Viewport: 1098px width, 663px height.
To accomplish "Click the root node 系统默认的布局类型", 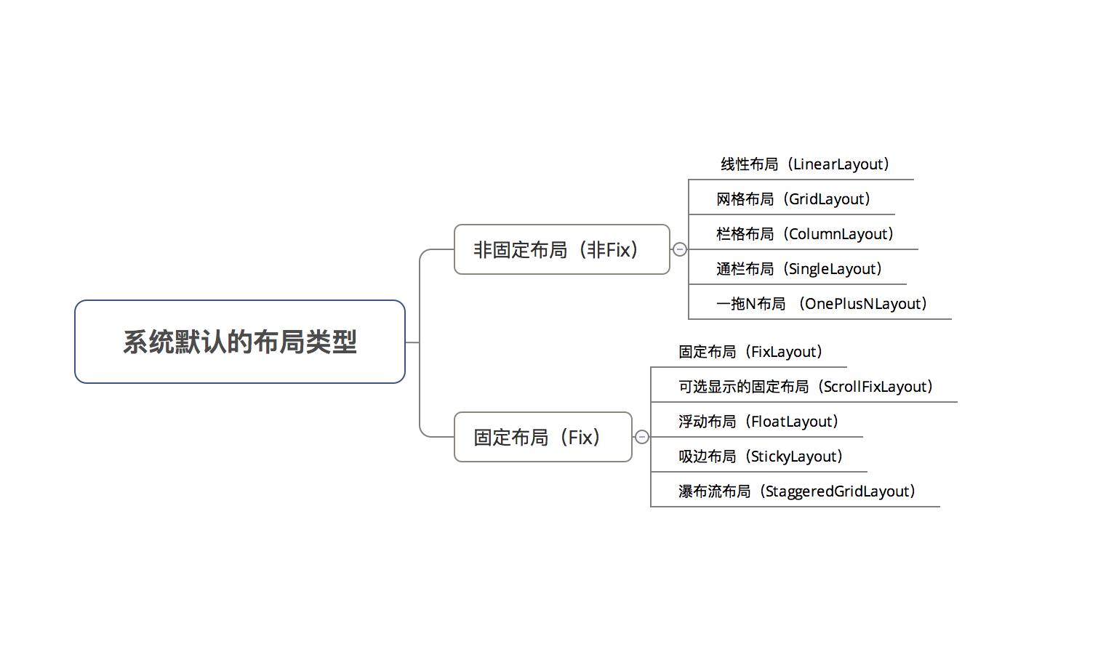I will tap(240, 342).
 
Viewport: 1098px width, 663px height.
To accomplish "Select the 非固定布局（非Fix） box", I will tap(561, 249).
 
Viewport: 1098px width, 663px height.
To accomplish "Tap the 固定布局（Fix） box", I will tap(542, 437).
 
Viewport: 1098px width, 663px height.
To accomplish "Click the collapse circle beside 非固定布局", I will tap(680, 249).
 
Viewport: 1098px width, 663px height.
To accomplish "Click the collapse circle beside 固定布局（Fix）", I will tap(642, 437).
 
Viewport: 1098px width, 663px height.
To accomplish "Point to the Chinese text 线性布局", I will tap(749, 164).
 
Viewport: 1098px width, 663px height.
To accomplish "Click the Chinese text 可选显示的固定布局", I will tap(743, 387).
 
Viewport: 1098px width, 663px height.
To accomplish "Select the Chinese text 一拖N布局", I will tap(750, 304).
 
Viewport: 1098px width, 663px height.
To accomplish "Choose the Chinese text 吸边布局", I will tap(707, 457).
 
